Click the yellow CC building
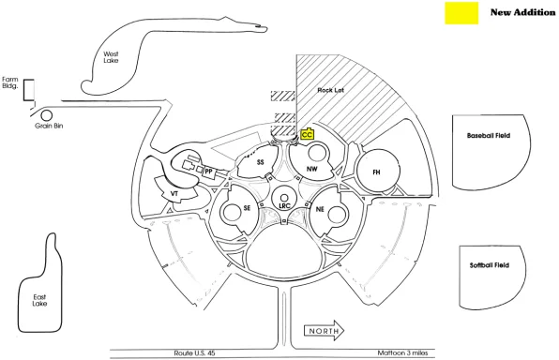coord(307,134)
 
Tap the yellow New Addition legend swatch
coord(461,13)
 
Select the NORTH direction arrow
coord(324,331)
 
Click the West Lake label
coord(111,57)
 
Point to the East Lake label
coord(39,300)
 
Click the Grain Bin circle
coord(46,115)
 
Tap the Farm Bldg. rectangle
coord(29,90)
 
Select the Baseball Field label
coord(489,135)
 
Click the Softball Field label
coord(490,265)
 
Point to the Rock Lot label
coord(330,90)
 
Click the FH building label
coord(376,172)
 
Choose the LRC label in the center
coord(284,206)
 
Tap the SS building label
coord(261,162)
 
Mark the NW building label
coord(312,169)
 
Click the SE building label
coord(247,208)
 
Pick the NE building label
coord(320,209)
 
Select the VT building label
coord(174,194)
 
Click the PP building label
coord(208,172)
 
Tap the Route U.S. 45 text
coord(194,353)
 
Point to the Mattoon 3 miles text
coord(402,352)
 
